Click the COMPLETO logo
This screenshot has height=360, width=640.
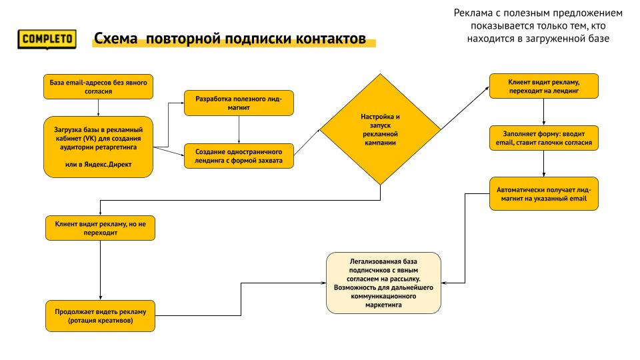point(47,39)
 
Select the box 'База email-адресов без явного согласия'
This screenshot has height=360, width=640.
point(98,86)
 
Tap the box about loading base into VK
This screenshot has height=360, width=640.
point(98,147)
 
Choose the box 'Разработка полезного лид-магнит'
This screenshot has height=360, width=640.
point(239,103)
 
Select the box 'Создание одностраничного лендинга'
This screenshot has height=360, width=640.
point(239,155)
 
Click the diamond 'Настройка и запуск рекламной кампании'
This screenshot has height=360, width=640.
point(380,129)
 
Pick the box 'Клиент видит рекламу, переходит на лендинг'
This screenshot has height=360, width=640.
point(543,85)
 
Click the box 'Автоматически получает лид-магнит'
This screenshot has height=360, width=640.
point(543,194)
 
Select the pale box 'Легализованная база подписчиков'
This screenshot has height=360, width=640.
point(383,283)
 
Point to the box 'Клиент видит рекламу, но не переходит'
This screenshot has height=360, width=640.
point(100,229)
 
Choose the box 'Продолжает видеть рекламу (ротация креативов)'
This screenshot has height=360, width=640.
point(100,316)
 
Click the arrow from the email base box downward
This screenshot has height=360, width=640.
point(98,107)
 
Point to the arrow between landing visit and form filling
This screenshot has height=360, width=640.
point(543,111)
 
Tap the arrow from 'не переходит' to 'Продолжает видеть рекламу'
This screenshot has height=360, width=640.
point(100,270)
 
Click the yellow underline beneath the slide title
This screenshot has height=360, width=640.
point(233,44)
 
